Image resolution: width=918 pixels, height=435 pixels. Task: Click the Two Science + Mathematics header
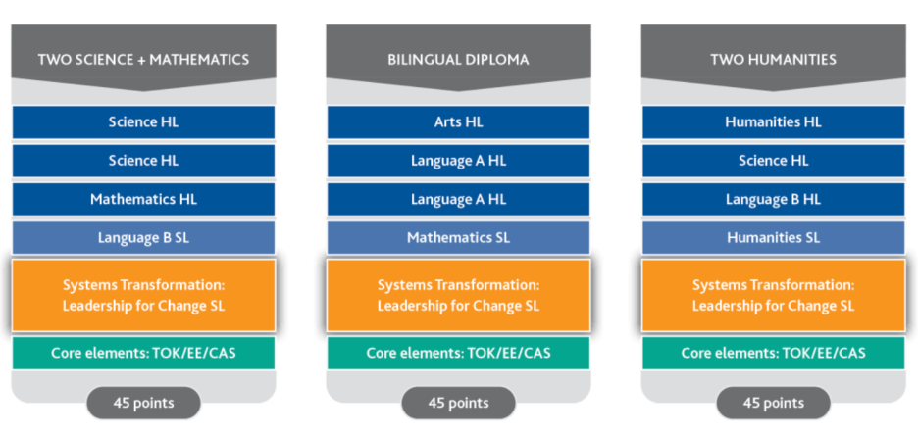click(x=143, y=59)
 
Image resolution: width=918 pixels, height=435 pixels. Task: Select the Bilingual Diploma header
click(x=458, y=59)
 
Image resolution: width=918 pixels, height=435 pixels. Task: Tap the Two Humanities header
click(x=773, y=59)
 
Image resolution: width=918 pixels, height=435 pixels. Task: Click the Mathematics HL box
click(x=143, y=199)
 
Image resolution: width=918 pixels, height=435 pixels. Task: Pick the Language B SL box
click(x=143, y=237)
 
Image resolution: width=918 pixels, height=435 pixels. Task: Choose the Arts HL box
click(x=458, y=122)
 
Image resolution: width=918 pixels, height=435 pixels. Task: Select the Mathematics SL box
click(x=458, y=237)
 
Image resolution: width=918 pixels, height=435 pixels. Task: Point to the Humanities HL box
click(x=773, y=122)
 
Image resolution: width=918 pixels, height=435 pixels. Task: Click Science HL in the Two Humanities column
click(x=773, y=161)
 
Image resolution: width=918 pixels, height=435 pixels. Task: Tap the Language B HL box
click(x=773, y=199)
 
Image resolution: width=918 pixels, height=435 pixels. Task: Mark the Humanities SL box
click(x=773, y=237)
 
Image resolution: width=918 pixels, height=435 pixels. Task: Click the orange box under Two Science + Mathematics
click(x=143, y=295)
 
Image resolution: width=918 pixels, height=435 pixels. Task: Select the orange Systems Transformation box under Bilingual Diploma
click(x=458, y=295)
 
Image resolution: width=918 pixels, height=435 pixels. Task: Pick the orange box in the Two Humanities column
click(x=773, y=295)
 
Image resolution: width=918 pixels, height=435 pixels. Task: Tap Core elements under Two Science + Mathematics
click(x=143, y=353)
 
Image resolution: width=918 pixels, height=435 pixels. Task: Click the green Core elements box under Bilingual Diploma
click(x=458, y=353)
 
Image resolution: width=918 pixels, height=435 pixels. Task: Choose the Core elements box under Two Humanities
click(x=773, y=353)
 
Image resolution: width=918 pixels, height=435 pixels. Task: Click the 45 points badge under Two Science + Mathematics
click(x=143, y=403)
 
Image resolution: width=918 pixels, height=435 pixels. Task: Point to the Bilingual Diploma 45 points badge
click(x=458, y=403)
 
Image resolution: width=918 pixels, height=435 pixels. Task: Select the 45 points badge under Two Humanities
click(x=773, y=403)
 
